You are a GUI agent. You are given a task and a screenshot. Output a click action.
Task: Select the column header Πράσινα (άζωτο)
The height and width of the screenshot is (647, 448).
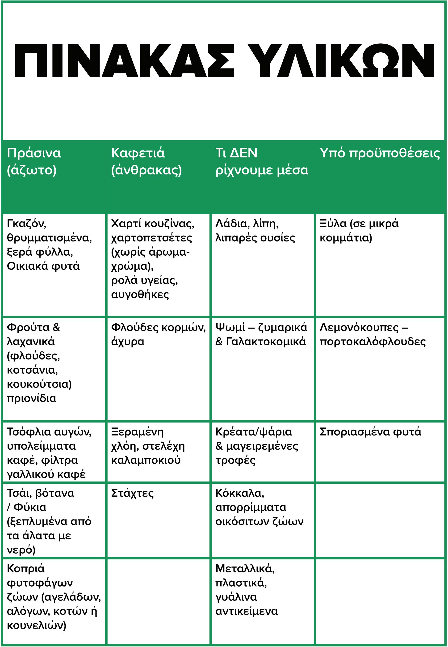(34, 161)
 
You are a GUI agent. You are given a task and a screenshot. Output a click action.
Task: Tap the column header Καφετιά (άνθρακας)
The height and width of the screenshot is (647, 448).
(146, 161)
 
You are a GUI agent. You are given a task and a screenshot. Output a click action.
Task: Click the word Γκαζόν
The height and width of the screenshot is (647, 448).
(26, 224)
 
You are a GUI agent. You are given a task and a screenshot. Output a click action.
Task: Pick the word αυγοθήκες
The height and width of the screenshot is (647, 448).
(140, 294)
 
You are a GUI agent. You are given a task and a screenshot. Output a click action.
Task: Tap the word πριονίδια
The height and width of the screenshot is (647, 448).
(31, 398)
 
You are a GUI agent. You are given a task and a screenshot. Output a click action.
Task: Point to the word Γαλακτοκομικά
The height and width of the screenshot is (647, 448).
(266, 342)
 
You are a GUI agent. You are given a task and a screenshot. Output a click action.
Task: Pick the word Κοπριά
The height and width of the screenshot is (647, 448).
(25, 568)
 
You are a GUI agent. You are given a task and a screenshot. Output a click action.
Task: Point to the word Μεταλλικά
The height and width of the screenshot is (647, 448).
(245, 568)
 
